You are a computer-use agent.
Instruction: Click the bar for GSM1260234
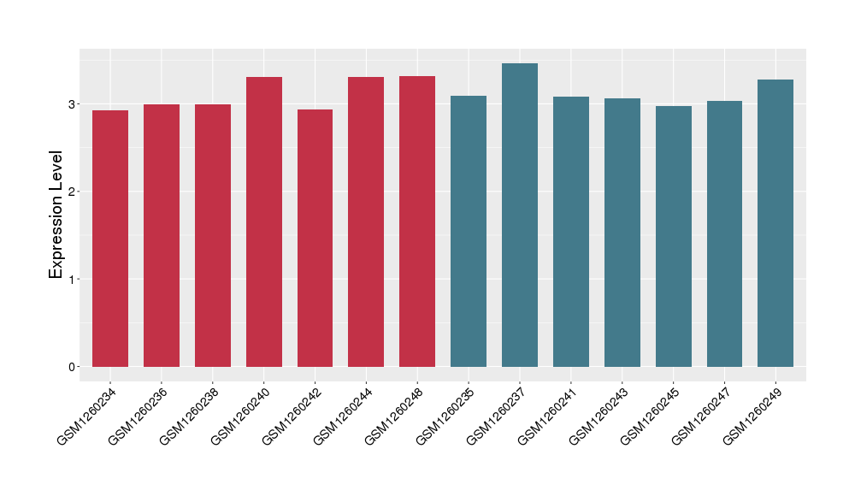(x=110, y=239)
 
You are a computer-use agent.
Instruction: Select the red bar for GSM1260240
(x=264, y=221)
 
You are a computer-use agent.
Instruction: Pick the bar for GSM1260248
(x=417, y=221)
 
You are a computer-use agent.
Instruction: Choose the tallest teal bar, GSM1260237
(x=520, y=215)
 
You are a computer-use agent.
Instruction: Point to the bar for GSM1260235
(x=469, y=231)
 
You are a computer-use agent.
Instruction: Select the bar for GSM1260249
(x=775, y=223)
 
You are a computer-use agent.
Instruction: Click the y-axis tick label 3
(x=72, y=104)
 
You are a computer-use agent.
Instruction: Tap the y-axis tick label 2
(x=72, y=192)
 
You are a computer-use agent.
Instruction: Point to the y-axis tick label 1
(x=72, y=280)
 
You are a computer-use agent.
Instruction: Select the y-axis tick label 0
(x=72, y=367)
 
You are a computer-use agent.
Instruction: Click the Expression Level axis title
(x=56, y=214)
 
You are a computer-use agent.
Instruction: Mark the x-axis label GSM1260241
(x=548, y=416)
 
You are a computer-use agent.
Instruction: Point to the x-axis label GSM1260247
(x=702, y=416)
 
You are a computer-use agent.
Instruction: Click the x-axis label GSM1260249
(x=753, y=416)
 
